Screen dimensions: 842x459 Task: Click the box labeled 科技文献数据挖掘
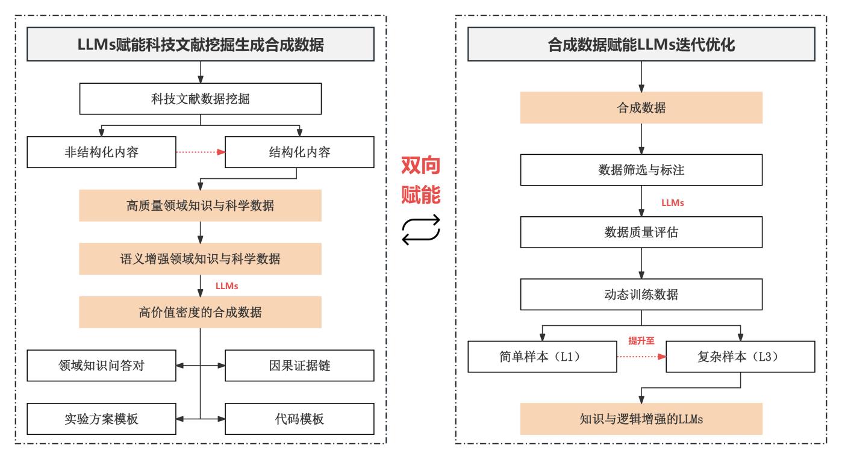coord(201,99)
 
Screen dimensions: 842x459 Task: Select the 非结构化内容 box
coord(102,152)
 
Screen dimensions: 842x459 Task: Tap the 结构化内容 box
coord(299,152)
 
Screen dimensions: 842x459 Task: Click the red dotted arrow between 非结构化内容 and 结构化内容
coord(201,152)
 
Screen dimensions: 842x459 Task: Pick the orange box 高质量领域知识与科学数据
coord(201,205)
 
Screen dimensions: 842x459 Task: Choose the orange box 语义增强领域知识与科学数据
coord(201,258)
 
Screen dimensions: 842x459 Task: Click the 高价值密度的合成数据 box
coord(201,312)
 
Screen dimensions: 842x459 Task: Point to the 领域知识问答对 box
coord(102,366)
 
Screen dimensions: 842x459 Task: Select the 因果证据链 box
coord(299,366)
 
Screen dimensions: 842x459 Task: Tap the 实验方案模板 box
coord(102,419)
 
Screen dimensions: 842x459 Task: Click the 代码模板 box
coord(299,419)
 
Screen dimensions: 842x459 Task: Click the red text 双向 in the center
coord(420,166)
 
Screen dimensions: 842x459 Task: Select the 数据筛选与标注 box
coord(641,170)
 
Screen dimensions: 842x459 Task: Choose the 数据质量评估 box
coord(641,232)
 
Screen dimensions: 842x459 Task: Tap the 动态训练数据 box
coord(641,295)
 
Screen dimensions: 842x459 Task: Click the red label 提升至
coord(641,340)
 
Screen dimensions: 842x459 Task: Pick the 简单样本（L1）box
coord(543,357)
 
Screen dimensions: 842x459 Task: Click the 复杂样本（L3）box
coord(740,357)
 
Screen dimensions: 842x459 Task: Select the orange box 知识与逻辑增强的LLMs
coord(641,419)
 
